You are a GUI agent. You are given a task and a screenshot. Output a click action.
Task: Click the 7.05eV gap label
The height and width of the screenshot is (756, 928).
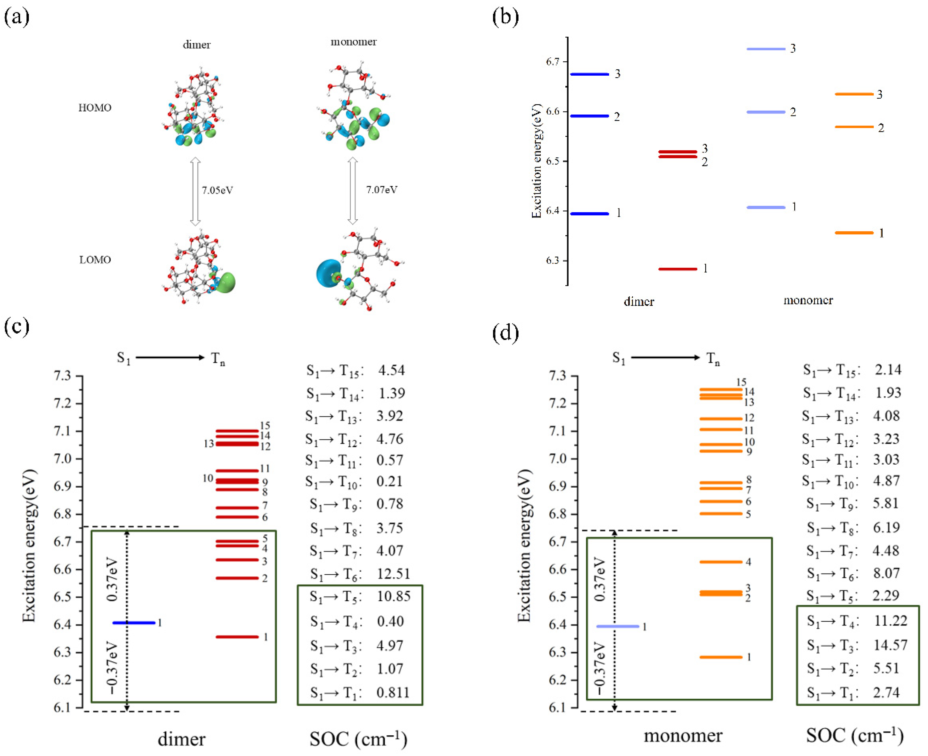[217, 190]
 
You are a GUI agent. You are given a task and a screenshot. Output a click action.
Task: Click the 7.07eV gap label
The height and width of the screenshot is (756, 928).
[382, 190]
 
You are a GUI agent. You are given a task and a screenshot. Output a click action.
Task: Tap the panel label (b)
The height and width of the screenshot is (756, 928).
[505, 17]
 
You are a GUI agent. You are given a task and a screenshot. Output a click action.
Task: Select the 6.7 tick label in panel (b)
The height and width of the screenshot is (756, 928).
[553, 62]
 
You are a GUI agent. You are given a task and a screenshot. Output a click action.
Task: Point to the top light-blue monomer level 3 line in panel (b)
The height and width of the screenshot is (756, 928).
[766, 49]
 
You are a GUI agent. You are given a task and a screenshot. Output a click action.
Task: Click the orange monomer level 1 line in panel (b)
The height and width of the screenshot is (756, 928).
[854, 233]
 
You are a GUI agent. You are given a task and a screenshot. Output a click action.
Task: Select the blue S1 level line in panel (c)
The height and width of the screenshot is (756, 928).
[134, 623]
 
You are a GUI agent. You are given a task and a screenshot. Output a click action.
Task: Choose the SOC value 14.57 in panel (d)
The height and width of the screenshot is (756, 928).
[890, 645]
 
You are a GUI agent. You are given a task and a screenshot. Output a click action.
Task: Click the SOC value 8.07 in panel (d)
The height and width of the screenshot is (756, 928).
[886, 573]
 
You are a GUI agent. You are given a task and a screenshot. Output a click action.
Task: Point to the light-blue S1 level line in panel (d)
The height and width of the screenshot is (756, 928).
[618, 626]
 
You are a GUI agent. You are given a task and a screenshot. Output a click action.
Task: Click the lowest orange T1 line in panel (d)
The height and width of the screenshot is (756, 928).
[721, 657]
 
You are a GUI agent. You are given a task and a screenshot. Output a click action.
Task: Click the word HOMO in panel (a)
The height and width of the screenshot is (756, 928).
[95, 108]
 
